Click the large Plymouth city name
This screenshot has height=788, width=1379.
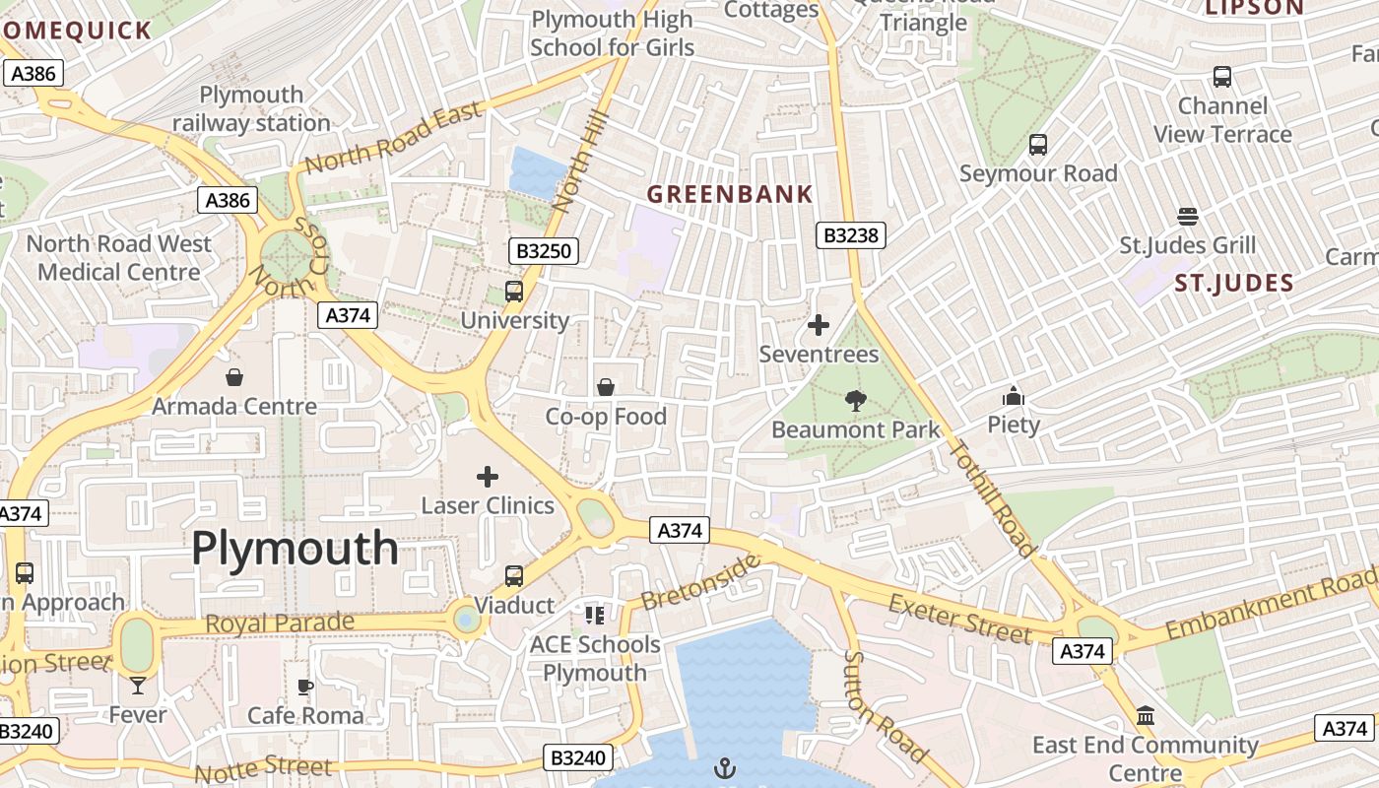(x=295, y=549)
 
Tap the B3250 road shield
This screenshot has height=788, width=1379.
(x=544, y=251)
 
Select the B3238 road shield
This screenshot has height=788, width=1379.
(x=852, y=235)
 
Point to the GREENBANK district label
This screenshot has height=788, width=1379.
(x=730, y=194)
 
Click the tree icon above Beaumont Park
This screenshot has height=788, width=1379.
(x=856, y=400)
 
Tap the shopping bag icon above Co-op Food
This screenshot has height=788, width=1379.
(x=606, y=387)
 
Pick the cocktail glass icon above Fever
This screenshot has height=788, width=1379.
(x=137, y=685)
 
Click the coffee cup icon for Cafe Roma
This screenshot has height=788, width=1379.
(x=305, y=687)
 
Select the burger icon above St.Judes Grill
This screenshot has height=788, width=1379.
(x=1187, y=217)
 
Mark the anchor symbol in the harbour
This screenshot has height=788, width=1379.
(x=725, y=766)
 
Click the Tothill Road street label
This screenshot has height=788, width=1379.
(x=993, y=498)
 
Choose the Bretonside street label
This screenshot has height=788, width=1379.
(x=700, y=581)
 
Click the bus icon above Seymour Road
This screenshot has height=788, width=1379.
(x=1038, y=145)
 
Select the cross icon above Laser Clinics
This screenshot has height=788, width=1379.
(x=488, y=477)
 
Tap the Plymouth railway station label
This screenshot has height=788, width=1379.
(x=252, y=109)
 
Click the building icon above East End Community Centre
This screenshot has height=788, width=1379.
(x=1145, y=716)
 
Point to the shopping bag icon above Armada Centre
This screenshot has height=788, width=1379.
(x=234, y=377)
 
